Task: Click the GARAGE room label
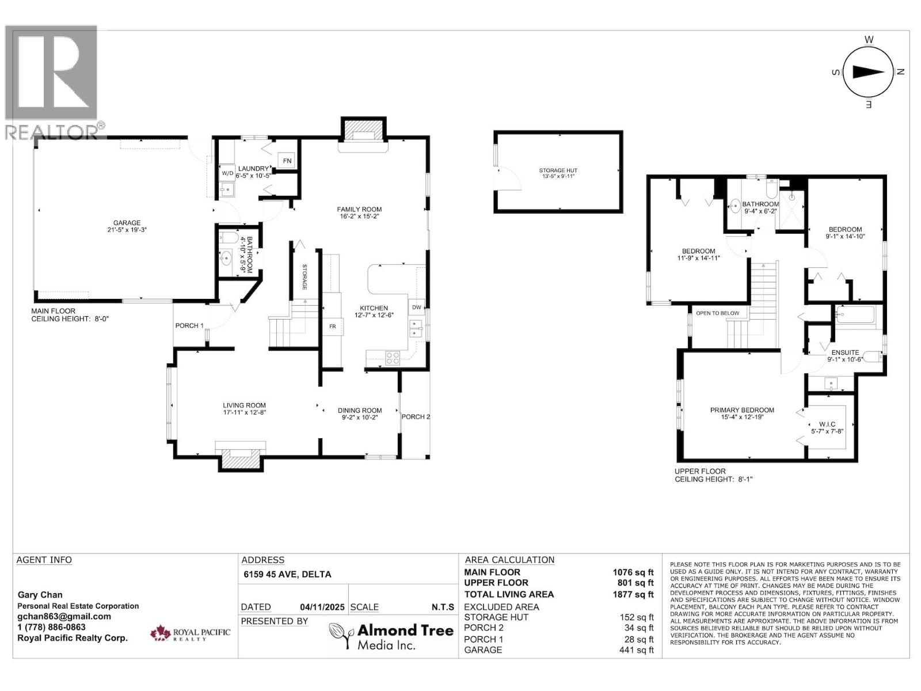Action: (x=127, y=223)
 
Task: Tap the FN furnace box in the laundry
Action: (x=287, y=161)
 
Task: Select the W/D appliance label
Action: (x=228, y=173)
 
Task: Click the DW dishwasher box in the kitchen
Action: (x=416, y=307)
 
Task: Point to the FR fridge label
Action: (x=332, y=326)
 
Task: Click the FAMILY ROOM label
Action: (x=359, y=209)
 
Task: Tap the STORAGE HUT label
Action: (x=558, y=170)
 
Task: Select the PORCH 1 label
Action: (x=189, y=326)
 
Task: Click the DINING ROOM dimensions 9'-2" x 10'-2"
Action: (x=359, y=418)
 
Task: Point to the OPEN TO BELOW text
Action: (x=717, y=313)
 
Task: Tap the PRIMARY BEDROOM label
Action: (x=741, y=410)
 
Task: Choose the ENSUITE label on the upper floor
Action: (x=844, y=352)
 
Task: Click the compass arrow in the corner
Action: (x=868, y=72)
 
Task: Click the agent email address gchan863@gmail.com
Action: (x=64, y=616)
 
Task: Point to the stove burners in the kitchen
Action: (x=393, y=358)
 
